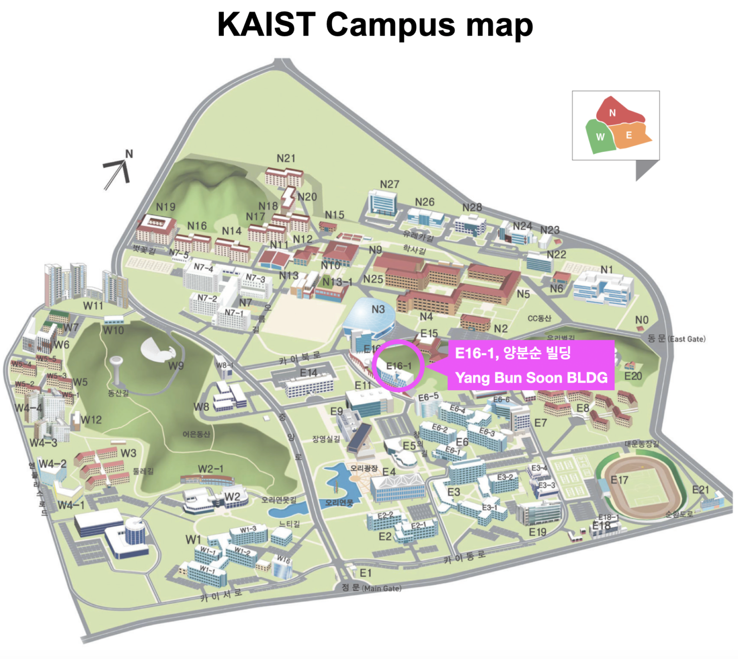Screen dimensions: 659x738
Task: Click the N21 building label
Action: (x=286, y=158)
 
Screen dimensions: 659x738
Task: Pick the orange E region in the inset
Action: (x=630, y=136)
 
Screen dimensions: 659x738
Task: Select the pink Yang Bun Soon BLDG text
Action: (x=531, y=378)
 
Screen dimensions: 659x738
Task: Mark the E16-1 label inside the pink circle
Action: (x=398, y=366)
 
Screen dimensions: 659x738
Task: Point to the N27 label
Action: (x=389, y=184)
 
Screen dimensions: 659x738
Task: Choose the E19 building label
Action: (x=537, y=532)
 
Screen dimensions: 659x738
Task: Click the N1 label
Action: (x=606, y=270)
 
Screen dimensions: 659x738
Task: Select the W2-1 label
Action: (x=210, y=469)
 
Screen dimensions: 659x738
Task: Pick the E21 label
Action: (x=701, y=489)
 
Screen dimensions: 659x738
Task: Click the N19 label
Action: (x=165, y=207)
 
